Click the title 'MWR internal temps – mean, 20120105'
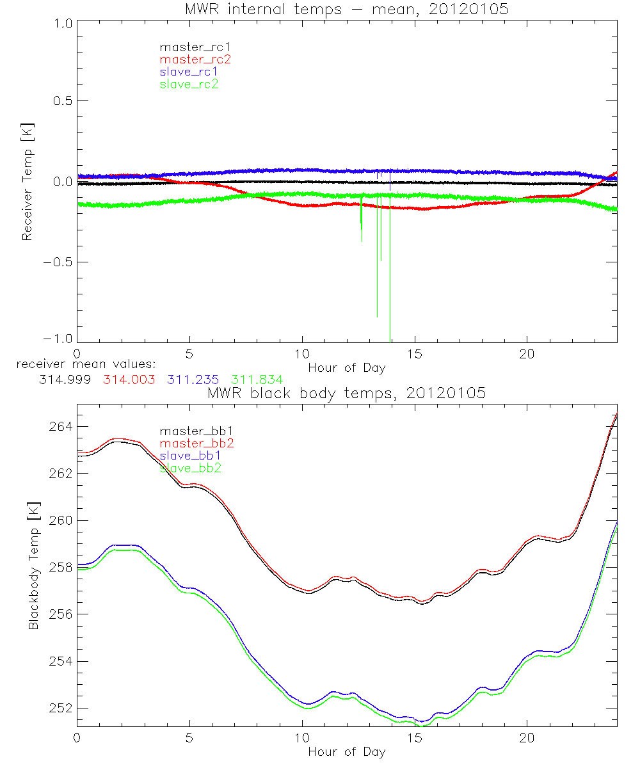click(346, 10)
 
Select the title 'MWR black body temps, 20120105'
click(346, 393)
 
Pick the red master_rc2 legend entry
click(195, 59)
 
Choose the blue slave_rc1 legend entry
click(189, 71)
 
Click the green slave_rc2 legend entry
click(189, 84)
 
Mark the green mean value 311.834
click(257, 380)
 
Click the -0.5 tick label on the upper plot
click(58, 262)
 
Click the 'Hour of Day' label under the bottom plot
click(346, 751)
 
